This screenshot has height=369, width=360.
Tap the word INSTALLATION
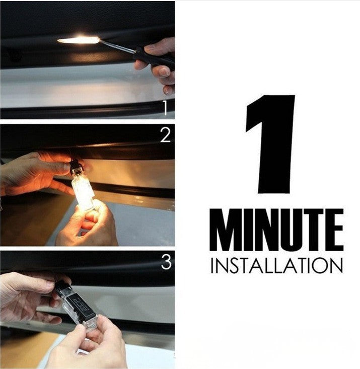[276, 266]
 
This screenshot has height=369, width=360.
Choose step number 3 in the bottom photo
[166, 262]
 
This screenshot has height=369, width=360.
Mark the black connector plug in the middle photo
[77, 165]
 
